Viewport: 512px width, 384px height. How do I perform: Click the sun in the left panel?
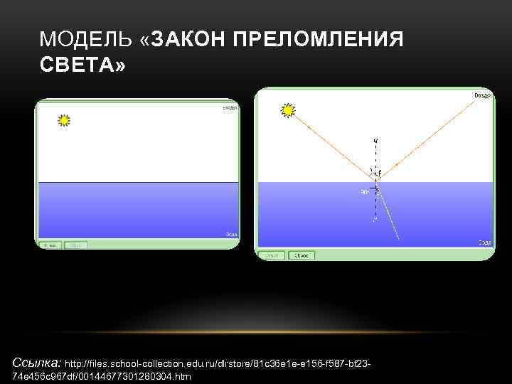click(x=65, y=120)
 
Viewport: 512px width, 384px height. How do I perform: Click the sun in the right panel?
click(x=288, y=110)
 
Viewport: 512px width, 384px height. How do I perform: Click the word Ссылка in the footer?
click(x=36, y=363)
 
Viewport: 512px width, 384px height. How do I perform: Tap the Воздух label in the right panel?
click(x=482, y=95)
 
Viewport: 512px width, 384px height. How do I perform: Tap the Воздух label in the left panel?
click(x=229, y=107)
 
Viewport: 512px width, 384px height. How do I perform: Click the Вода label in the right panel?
click(x=484, y=242)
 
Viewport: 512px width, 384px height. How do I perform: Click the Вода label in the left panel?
click(x=230, y=233)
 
